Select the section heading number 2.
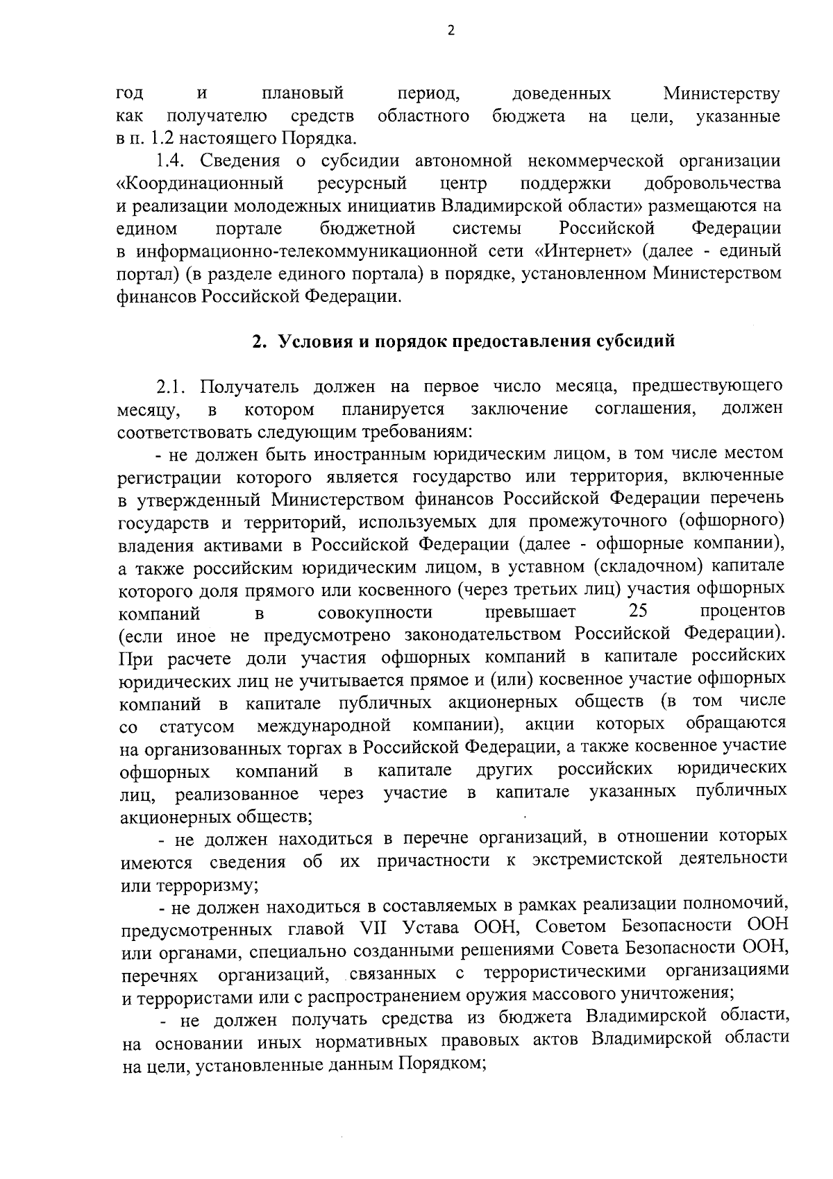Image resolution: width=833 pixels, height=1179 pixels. (x=256, y=341)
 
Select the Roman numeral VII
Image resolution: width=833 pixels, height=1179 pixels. (x=373, y=928)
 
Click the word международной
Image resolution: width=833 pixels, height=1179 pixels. (x=321, y=727)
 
